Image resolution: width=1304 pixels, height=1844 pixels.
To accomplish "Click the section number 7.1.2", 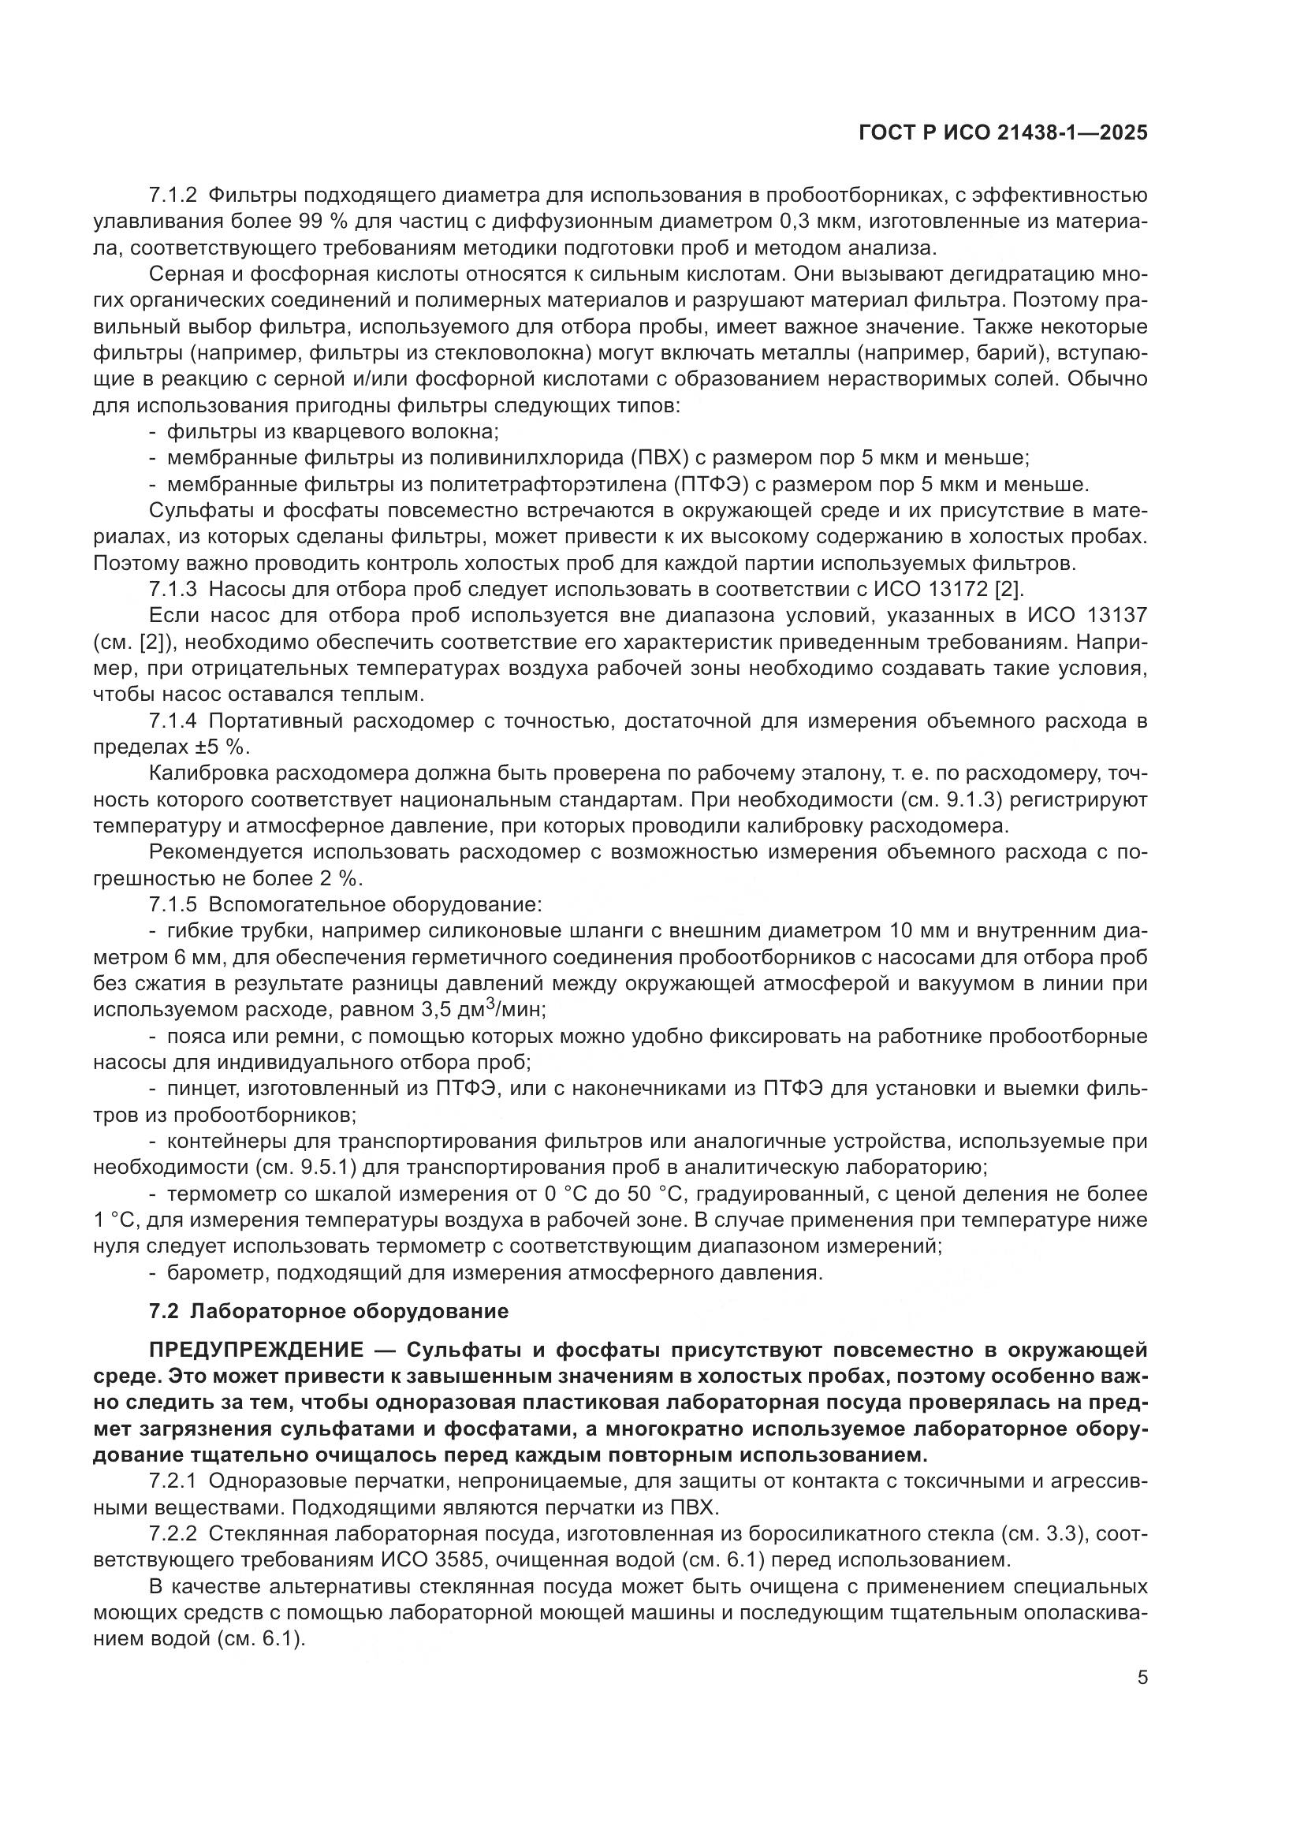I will [x=173, y=196].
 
